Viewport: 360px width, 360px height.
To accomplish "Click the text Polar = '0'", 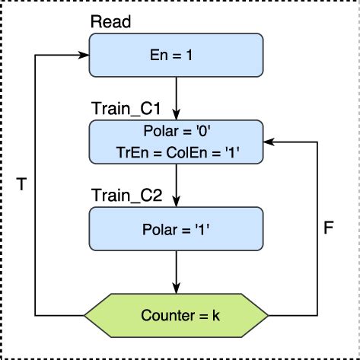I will (176, 132).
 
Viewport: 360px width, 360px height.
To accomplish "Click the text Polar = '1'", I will (176, 228).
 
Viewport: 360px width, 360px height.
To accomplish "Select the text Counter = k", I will (176, 314).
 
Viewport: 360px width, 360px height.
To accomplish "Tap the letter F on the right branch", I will (329, 228).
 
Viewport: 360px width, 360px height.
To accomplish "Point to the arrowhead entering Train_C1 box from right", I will (269, 142).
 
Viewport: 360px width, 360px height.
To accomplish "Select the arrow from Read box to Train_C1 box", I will (176, 94).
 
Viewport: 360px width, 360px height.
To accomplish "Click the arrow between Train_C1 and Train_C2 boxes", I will (176, 183).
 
